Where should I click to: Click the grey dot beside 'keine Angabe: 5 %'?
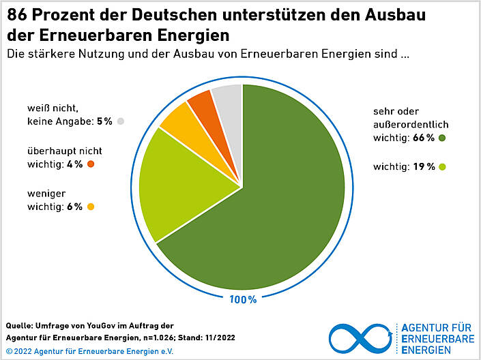coord(120,121)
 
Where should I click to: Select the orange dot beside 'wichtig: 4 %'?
coord(91,164)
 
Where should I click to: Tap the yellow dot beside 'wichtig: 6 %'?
coord(90,207)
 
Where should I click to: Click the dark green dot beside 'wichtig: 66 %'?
coord(442,138)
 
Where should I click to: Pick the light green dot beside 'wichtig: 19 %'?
coord(442,167)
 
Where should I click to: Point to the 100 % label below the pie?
coord(242,299)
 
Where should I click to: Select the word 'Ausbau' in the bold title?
coord(396,14)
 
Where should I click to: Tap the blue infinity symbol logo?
coord(360,337)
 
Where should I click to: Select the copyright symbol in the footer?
coord(9,351)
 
